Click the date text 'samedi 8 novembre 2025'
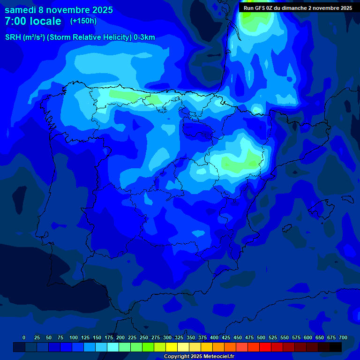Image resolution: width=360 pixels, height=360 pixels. (59, 10)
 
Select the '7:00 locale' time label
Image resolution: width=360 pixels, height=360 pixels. (33, 21)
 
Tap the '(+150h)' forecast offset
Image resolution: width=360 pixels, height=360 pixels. (83, 21)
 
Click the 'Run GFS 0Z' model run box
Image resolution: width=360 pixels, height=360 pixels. (298, 8)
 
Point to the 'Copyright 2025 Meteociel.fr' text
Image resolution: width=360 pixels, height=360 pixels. (199, 357)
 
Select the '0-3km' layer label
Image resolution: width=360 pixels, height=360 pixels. (144, 37)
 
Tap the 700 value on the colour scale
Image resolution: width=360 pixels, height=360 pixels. (343, 337)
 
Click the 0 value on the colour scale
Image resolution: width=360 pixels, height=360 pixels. (24, 337)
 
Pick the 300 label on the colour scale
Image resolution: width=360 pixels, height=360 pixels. (167, 337)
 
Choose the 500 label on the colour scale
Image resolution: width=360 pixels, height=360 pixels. (261, 337)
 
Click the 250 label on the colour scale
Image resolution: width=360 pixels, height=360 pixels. (144, 337)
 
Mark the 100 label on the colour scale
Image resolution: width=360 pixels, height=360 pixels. (74, 337)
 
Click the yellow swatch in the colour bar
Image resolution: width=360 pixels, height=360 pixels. (171, 347)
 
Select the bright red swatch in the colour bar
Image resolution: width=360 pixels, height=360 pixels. (265, 347)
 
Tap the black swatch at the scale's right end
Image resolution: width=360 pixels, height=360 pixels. (335, 347)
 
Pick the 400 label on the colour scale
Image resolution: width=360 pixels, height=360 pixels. (214, 337)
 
